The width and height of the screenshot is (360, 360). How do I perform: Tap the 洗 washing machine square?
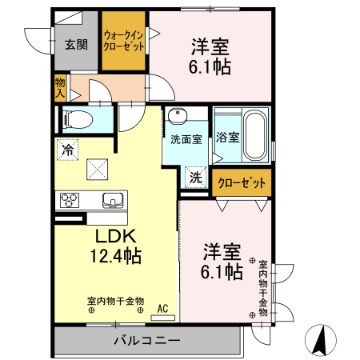(x=195, y=177)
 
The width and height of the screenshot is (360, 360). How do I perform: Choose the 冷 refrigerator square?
(x=68, y=149)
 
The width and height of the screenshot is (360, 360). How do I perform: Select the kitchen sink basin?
(x=110, y=200)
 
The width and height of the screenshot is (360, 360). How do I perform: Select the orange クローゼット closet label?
(x=242, y=183)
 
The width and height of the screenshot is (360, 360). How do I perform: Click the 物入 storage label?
(x=60, y=88)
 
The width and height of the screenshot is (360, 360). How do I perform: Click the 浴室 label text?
(x=228, y=137)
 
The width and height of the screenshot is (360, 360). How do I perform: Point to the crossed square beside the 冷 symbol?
(x=97, y=167)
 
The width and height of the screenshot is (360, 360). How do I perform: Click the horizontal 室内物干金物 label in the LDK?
(x=116, y=301)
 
